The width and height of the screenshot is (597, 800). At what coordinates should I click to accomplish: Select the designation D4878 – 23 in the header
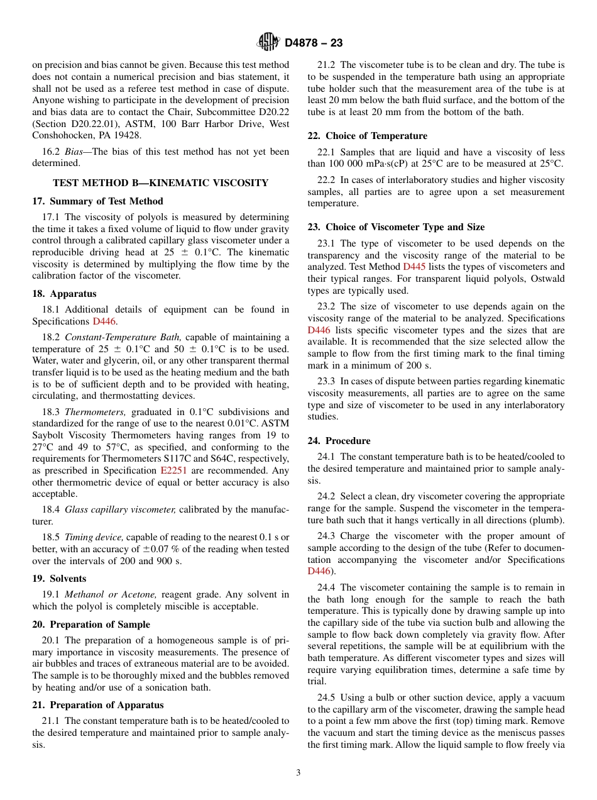tap(314, 43)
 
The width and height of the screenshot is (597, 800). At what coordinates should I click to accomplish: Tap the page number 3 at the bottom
tap(298, 772)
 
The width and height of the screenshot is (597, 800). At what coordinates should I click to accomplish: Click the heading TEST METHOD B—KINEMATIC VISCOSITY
tap(161, 183)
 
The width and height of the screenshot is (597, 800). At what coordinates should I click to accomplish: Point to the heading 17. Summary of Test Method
tap(97, 201)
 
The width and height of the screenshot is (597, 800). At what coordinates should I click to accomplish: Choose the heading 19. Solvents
tap(59, 579)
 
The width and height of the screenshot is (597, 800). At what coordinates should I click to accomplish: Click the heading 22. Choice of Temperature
tap(367, 136)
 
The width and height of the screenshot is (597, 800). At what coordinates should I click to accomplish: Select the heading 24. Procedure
tap(339, 441)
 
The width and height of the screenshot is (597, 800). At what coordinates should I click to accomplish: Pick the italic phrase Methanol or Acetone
tap(111, 594)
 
